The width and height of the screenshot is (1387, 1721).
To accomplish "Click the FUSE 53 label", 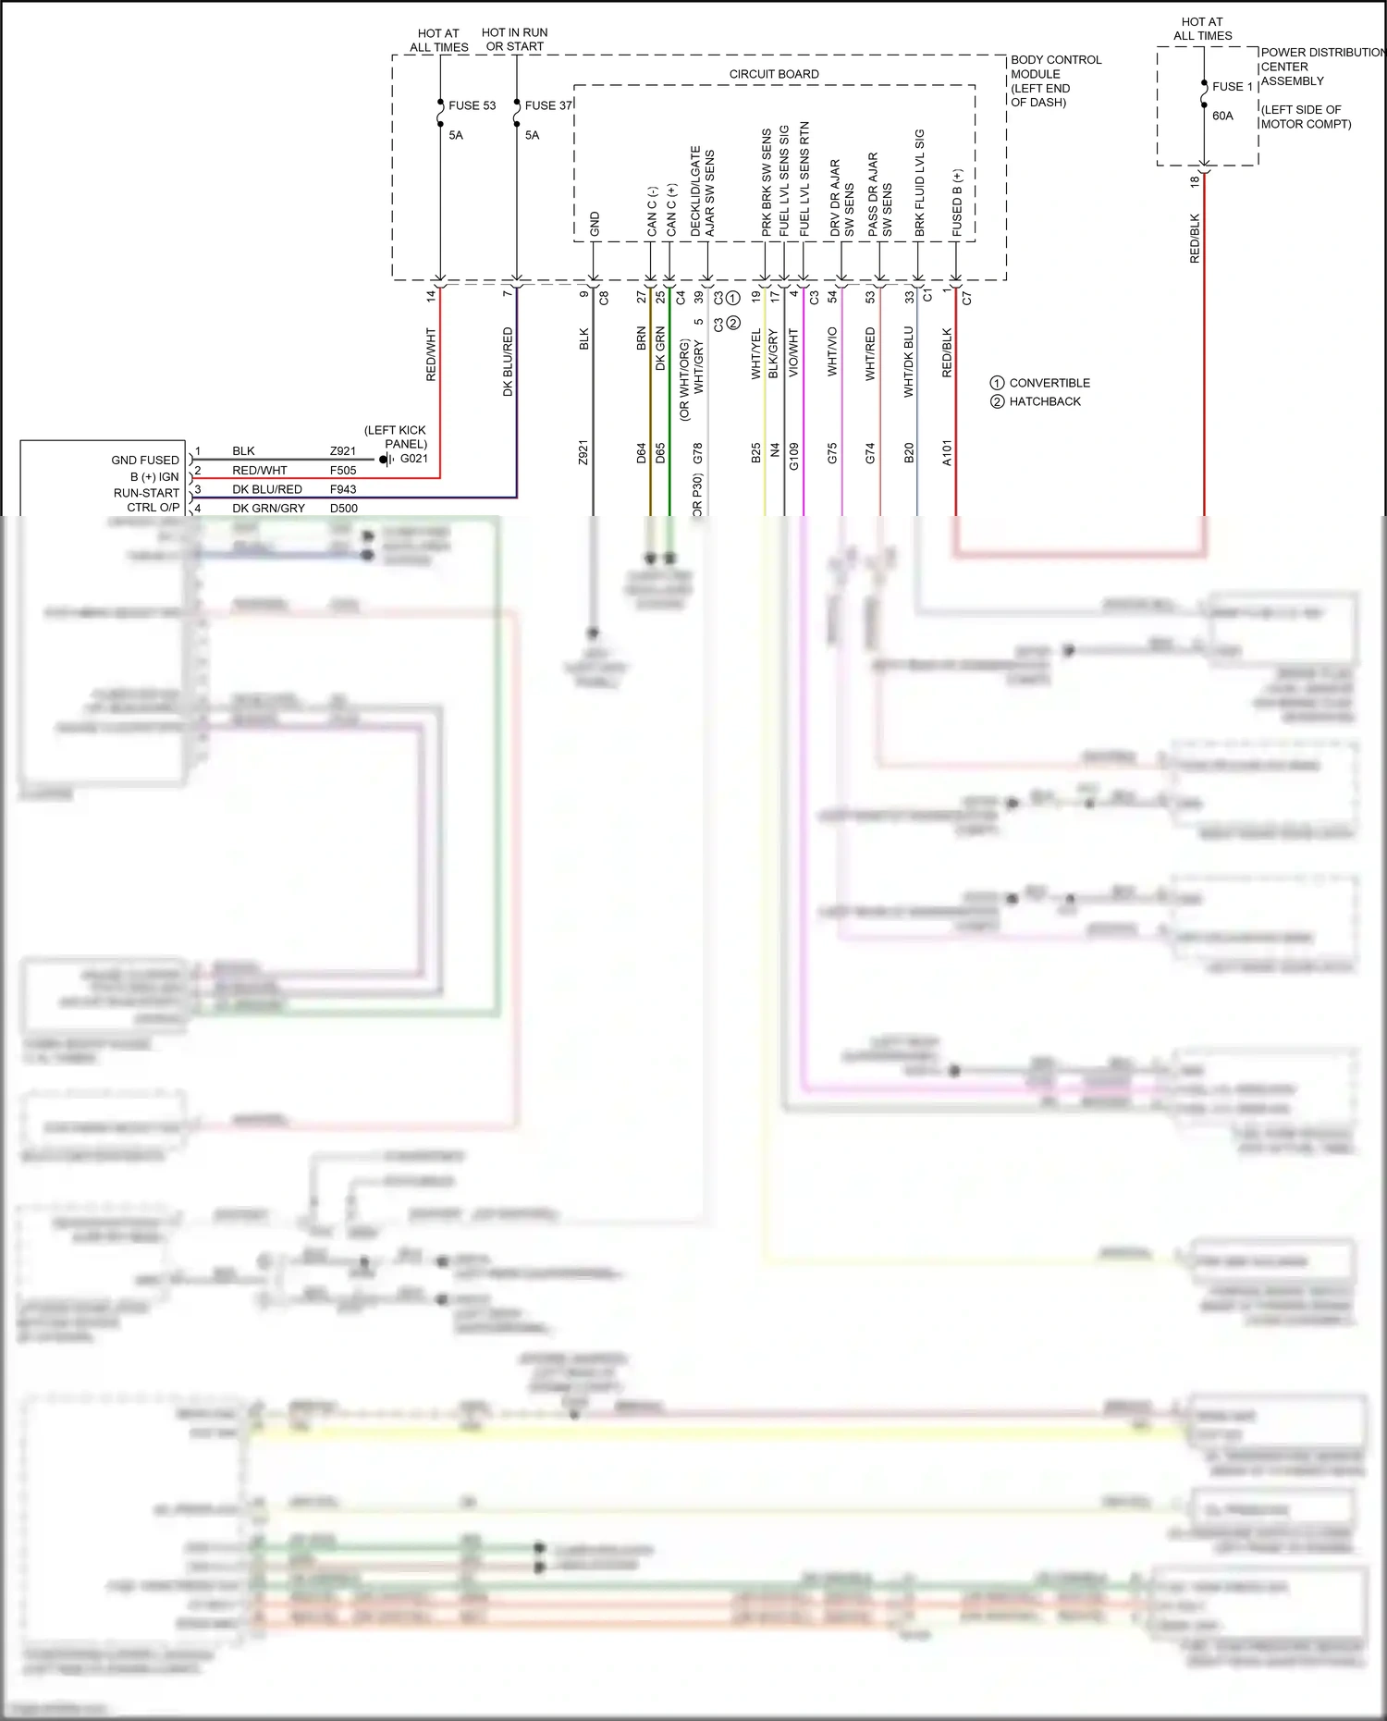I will [x=472, y=105].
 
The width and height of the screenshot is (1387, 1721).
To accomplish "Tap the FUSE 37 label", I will [x=548, y=105].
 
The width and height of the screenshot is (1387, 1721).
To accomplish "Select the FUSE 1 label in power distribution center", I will [x=1232, y=87].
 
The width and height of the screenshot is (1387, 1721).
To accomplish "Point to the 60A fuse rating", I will [x=1222, y=117].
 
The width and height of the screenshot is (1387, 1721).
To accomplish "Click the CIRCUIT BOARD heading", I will [x=774, y=74].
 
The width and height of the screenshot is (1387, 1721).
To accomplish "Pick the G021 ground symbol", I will [x=387, y=460].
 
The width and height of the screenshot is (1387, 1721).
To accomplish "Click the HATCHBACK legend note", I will [x=1044, y=401].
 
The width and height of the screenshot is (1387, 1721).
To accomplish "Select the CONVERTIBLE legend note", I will [x=1049, y=383].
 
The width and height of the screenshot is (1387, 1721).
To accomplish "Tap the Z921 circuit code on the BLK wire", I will [x=583, y=453].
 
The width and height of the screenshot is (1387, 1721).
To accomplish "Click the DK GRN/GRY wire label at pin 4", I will [x=268, y=508].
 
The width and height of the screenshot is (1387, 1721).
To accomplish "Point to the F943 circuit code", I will [x=343, y=489].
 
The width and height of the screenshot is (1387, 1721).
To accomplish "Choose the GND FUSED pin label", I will [x=145, y=460].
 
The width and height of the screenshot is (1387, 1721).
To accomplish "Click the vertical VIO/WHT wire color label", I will [x=793, y=353].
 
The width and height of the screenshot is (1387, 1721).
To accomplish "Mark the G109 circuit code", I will [x=793, y=456].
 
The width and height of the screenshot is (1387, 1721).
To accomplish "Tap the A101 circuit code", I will [x=946, y=453].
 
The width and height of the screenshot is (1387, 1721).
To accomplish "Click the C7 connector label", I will [x=967, y=299].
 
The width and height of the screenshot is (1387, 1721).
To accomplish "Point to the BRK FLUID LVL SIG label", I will [x=919, y=182].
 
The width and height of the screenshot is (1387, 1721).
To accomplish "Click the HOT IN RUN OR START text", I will [x=514, y=39].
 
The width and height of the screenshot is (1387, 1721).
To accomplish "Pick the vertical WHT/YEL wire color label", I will [x=755, y=353].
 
